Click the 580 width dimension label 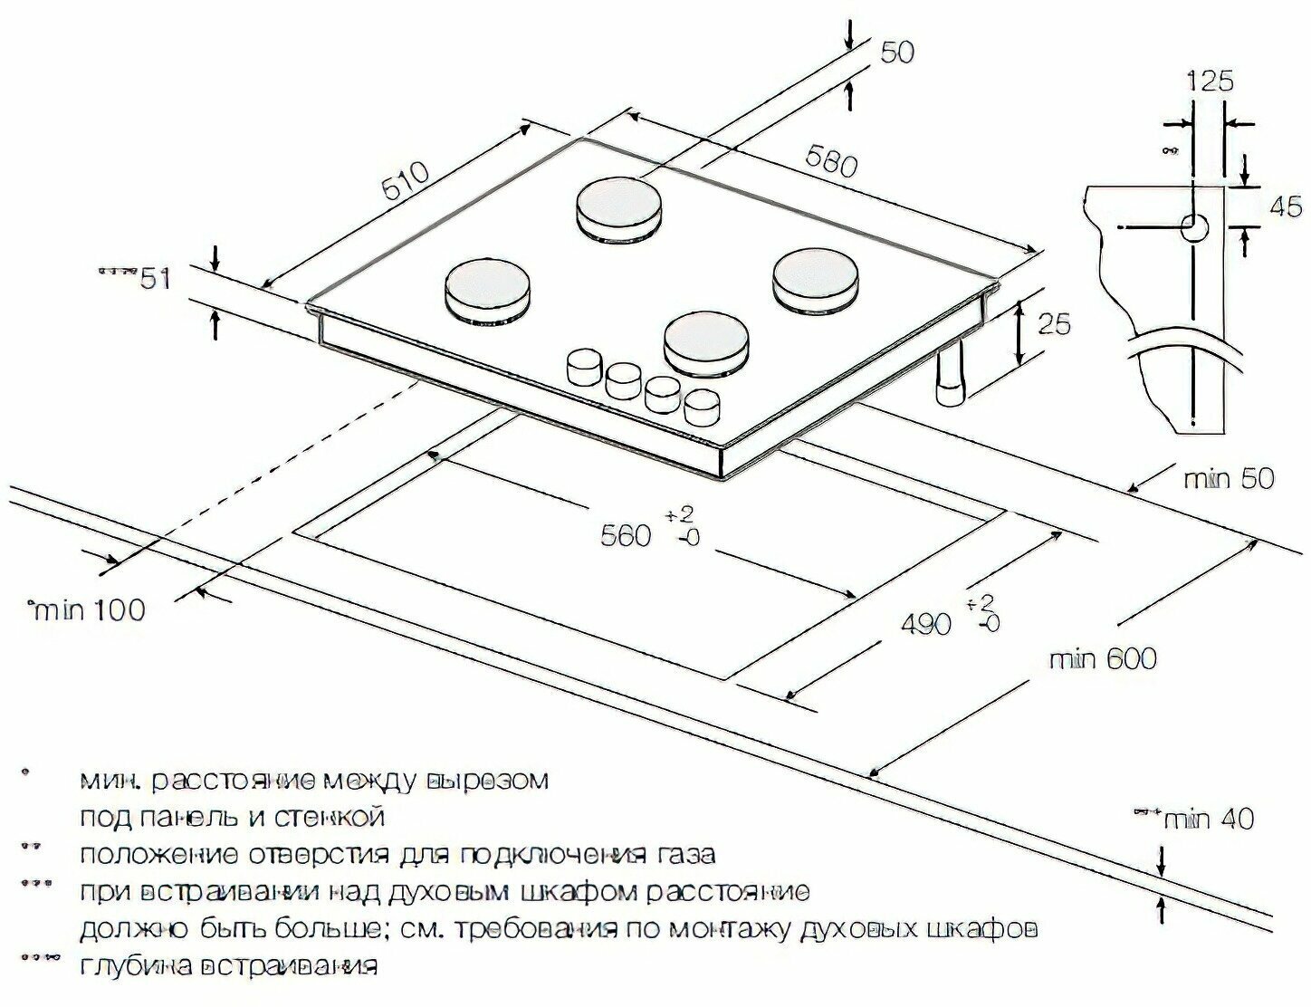[828, 163]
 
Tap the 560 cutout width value [626, 535]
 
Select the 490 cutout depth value [925, 623]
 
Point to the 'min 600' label [1103, 658]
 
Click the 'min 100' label [89, 609]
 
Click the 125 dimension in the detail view [1210, 81]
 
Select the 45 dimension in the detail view [1286, 206]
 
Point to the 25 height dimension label [1053, 323]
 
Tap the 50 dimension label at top [896, 53]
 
